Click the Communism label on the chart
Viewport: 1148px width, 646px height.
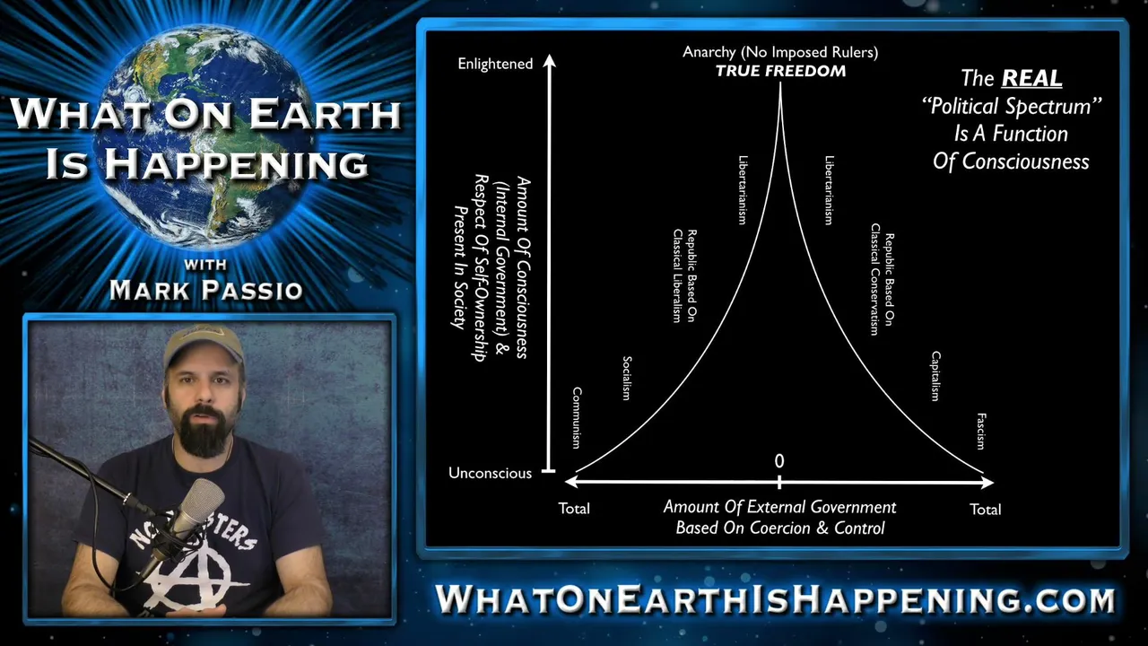[577, 418]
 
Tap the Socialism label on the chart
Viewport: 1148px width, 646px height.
[626, 379]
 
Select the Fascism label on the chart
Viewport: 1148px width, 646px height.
[981, 432]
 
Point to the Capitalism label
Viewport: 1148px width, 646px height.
[935, 376]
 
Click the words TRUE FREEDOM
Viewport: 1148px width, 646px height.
[780, 71]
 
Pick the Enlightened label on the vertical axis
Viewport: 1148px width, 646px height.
[495, 64]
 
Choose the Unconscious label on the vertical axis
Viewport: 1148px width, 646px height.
[490, 473]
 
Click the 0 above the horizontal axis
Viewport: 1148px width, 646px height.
[779, 461]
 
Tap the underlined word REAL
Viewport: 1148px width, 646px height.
[1031, 78]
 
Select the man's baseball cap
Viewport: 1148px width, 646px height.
[203, 345]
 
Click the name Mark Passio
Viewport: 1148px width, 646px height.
[206, 290]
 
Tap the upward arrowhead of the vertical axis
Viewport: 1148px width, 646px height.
[550, 60]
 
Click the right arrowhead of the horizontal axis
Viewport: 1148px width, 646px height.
[987, 482]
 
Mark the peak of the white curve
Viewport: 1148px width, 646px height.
[780, 83]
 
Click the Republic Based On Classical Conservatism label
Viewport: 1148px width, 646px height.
[882, 279]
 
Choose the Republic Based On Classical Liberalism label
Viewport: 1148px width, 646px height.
[684, 275]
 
